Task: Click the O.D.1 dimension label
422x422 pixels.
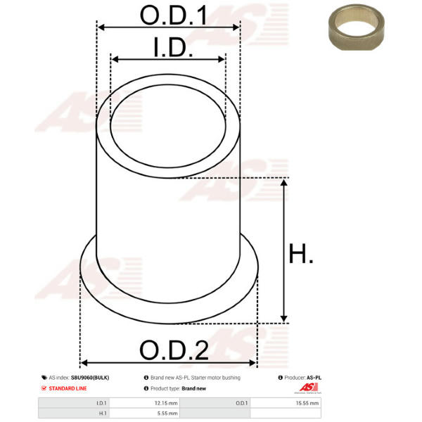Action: point(174,15)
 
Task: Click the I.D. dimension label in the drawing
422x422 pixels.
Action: point(173,47)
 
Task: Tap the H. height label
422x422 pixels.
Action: point(300,253)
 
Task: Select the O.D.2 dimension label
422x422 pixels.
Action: point(174,350)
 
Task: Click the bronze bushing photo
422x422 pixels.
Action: point(357,27)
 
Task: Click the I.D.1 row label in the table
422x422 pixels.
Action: point(101,403)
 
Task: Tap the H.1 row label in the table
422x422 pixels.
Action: point(103,413)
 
